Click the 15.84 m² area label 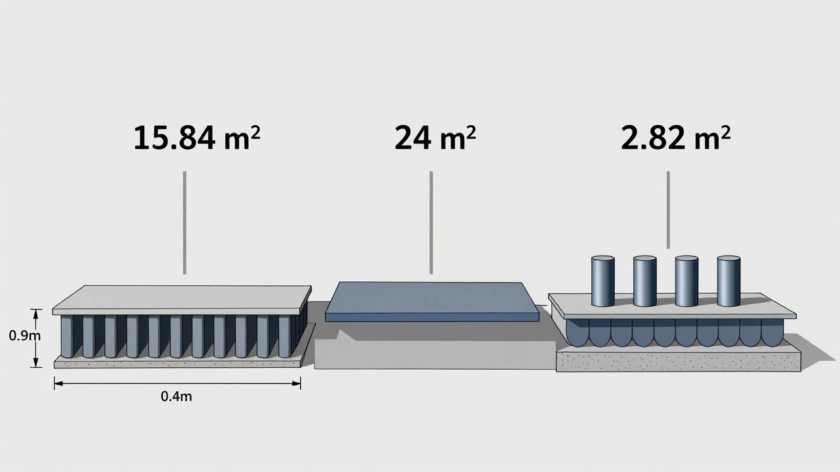point(197,138)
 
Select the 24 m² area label point(435,138)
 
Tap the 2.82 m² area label point(675,138)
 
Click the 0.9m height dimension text point(24,336)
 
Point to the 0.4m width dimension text point(177,397)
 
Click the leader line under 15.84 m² point(184,223)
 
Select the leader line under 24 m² point(431,222)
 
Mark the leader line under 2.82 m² point(668,210)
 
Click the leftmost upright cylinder point(602,281)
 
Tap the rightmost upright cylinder point(728,281)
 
